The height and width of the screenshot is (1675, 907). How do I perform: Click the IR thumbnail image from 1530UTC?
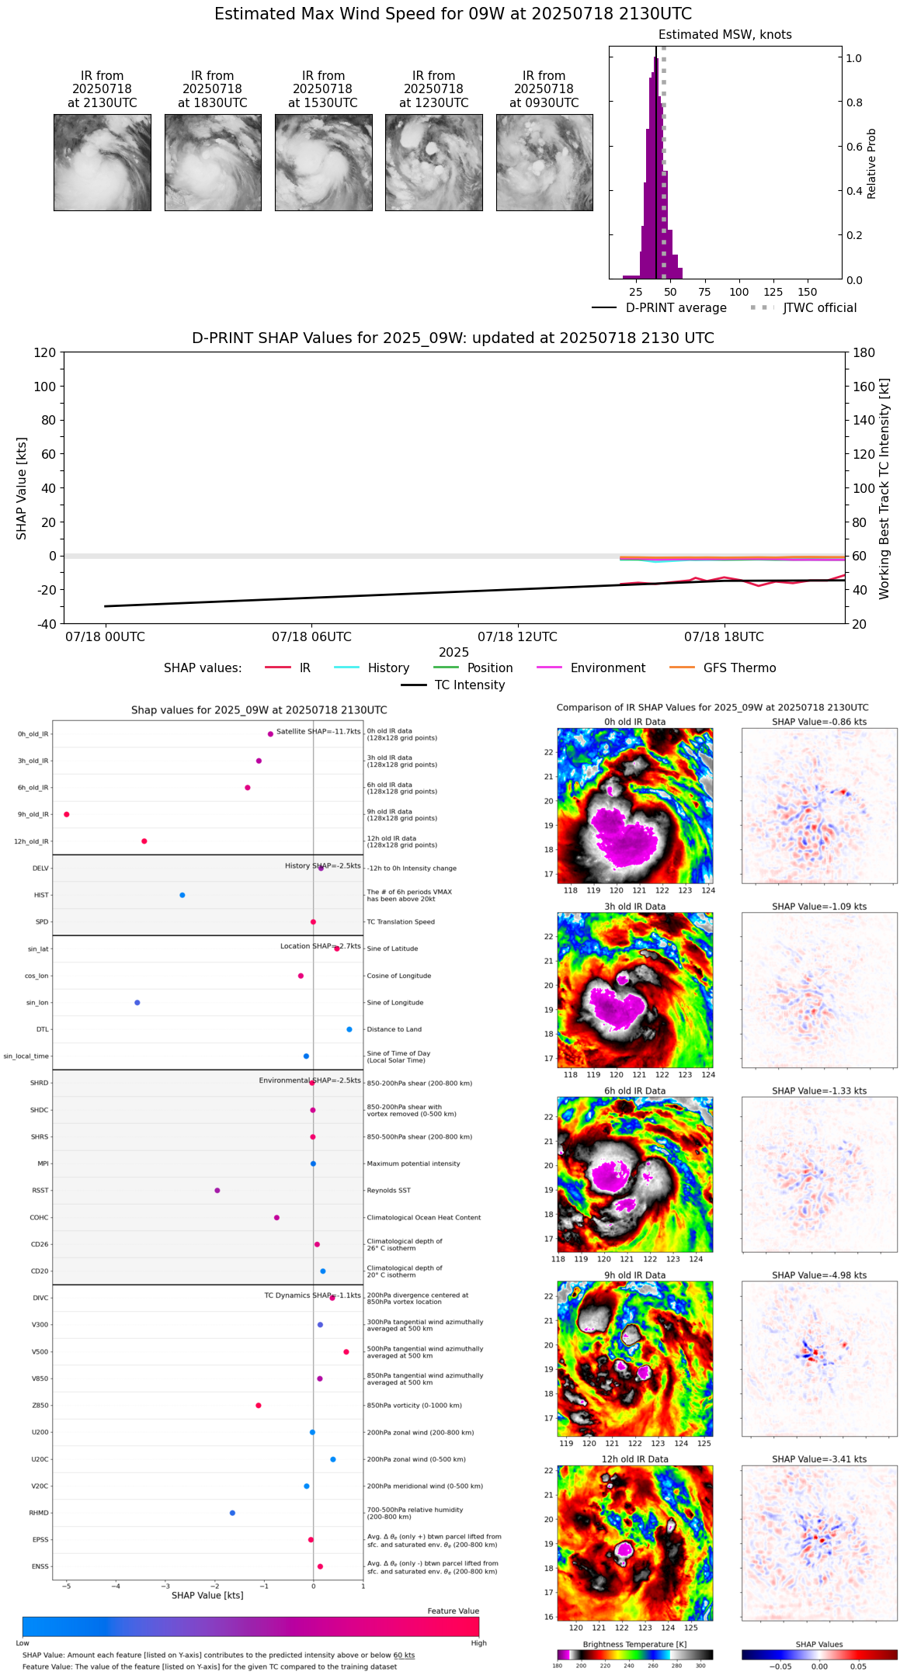click(323, 162)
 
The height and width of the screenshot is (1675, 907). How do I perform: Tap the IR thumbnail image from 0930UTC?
click(544, 162)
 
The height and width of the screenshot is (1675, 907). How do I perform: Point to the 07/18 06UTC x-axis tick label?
click(311, 637)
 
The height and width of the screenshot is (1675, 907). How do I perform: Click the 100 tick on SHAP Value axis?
click(45, 387)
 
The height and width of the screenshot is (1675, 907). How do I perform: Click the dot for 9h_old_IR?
click(67, 814)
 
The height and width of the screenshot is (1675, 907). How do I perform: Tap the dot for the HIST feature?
click(182, 895)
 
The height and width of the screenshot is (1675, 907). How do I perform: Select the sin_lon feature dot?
click(137, 1003)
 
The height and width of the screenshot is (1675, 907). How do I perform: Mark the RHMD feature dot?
click(232, 1513)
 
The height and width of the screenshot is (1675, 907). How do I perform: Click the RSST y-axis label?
click(40, 1191)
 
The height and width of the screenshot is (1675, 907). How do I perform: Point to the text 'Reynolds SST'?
click(388, 1191)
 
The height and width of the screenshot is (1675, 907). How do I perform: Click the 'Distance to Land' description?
click(395, 1029)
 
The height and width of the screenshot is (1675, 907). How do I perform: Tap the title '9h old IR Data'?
click(634, 1275)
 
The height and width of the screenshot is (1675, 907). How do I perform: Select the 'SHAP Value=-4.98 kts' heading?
click(819, 1275)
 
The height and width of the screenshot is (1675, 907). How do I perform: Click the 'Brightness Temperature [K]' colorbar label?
click(634, 1644)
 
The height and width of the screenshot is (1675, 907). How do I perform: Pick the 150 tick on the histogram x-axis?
click(808, 292)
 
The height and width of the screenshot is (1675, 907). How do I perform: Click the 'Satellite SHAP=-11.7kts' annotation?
click(318, 732)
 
